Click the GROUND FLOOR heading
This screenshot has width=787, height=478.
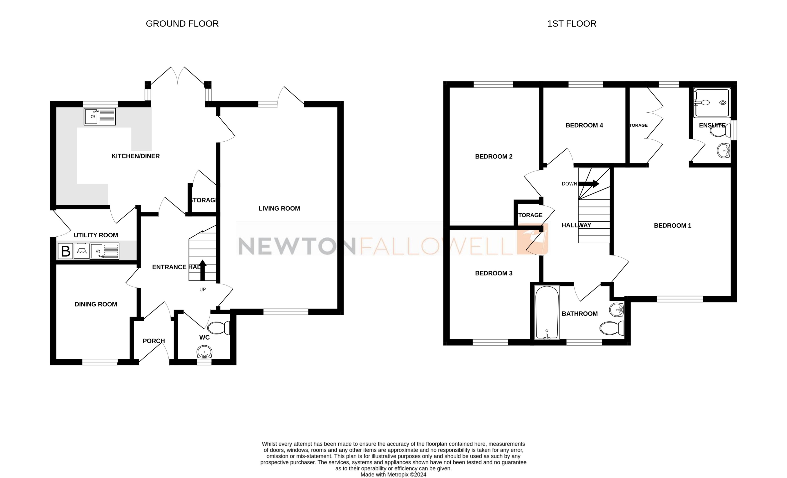(182, 24)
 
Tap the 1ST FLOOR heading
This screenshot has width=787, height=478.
(571, 24)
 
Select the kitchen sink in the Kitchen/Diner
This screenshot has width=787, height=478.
(100, 117)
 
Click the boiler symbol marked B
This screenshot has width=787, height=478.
(65, 251)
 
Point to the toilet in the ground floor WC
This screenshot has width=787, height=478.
(219, 328)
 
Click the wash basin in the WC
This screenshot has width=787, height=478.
(204, 353)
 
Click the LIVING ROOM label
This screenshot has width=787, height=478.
(279, 209)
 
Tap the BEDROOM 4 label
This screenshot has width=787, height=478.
(584, 125)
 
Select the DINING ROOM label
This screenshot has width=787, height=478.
(96, 304)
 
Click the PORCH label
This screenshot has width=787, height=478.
(154, 341)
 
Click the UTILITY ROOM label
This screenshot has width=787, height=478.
(96, 235)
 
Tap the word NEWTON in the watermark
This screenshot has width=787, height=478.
(297, 246)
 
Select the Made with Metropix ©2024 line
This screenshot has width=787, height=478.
(393, 474)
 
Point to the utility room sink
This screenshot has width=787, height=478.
(104, 251)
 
